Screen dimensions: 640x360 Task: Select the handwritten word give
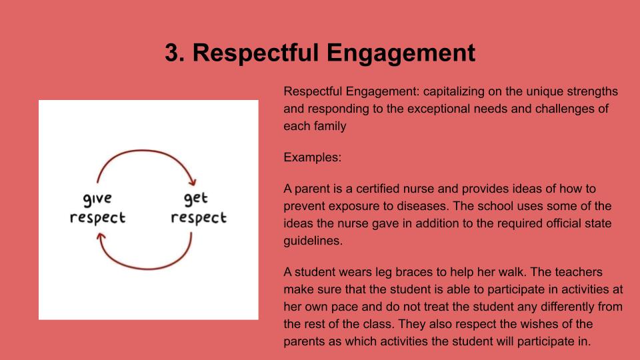(x=97, y=199)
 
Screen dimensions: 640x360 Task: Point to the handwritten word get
(x=195, y=199)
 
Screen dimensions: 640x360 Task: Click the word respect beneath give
(x=97, y=217)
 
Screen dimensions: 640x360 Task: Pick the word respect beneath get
(x=199, y=217)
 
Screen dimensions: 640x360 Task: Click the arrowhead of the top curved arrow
(x=192, y=181)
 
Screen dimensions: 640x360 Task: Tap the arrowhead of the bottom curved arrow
(x=101, y=236)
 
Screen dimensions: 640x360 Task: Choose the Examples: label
(x=312, y=157)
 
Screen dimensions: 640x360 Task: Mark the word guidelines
(x=313, y=241)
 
